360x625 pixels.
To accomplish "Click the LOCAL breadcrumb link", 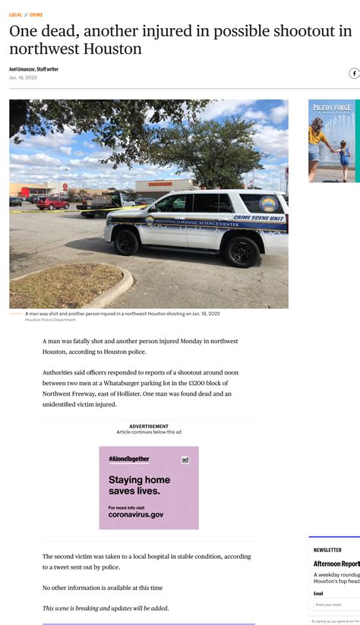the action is tap(15, 14).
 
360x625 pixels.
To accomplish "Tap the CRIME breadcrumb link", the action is tap(36, 14).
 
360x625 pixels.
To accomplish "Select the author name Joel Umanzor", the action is tap(22, 69).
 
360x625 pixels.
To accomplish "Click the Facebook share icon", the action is tap(354, 74).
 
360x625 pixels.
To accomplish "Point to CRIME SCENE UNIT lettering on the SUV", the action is tap(257, 218).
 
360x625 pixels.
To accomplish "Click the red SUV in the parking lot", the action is tap(53, 203).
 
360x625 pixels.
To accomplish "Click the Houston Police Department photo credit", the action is tap(50, 320).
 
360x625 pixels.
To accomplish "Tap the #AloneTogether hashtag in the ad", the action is tap(128, 459).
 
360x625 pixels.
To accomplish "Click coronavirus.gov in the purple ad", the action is tap(136, 514).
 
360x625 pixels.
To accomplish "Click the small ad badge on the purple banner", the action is tap(185, 459).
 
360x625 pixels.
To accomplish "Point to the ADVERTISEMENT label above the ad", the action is tap(149, 426).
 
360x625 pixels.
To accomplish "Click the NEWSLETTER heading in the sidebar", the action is tap(327, 550).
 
